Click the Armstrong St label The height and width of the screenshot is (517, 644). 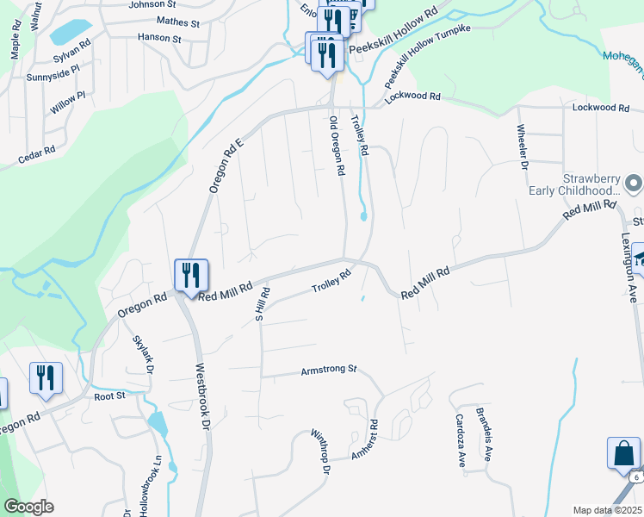point(328,370)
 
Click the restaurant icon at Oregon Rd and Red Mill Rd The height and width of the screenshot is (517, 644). point(191,276)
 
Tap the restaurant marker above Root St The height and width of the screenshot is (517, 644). point(46,377)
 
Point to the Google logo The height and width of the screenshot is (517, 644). point(28,507)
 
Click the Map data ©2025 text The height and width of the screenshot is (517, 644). point(608,510)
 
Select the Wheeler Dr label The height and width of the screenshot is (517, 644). point(522,147)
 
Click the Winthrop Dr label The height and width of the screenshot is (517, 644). point(320,453)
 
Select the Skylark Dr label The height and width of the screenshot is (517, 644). point(142,353)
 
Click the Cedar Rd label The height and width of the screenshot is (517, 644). point(36,154)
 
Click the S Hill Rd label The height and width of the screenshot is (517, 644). point(261,303)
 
